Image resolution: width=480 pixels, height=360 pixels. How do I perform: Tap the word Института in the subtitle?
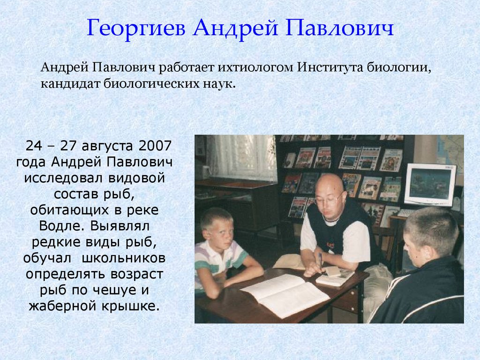click(x=330, y=67)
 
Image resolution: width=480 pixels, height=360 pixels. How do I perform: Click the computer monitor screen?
click(x=430, y=183)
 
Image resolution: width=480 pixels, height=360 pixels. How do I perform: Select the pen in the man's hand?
click(x=321, y=260)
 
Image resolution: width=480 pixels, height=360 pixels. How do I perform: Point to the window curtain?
click(x=244, y=157)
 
